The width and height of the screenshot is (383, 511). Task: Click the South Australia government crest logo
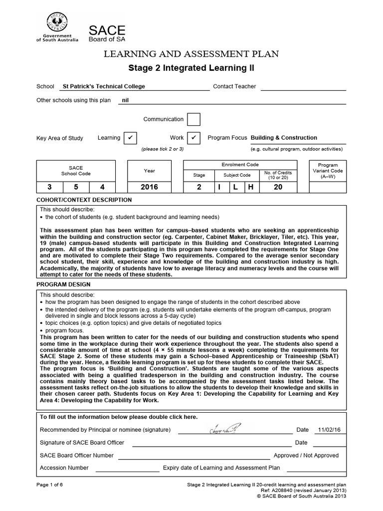57,23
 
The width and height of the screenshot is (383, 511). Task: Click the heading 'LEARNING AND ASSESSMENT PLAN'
191,54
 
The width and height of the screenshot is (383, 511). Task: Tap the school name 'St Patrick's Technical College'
104,86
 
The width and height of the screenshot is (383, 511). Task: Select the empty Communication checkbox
193,120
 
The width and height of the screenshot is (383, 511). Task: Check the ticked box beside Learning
130,138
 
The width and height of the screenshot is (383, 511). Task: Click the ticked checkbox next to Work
193,138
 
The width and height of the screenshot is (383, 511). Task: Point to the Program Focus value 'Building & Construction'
284,138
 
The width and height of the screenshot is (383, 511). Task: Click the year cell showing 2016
150,187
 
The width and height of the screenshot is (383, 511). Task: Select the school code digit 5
76,187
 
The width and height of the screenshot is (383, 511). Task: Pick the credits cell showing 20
278,187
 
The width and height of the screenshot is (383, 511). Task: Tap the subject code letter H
251,187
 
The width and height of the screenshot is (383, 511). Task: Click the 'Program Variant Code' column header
328,171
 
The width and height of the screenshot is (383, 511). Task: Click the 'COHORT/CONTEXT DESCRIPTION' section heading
84,200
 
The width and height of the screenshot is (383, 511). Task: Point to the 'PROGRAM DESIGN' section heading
63,284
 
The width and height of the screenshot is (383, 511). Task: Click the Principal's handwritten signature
225,429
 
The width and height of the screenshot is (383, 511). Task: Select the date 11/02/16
327,430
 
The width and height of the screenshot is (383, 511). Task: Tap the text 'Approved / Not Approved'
306,456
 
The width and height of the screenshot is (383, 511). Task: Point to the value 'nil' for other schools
126,100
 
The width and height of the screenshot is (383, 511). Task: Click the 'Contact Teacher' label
234,86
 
